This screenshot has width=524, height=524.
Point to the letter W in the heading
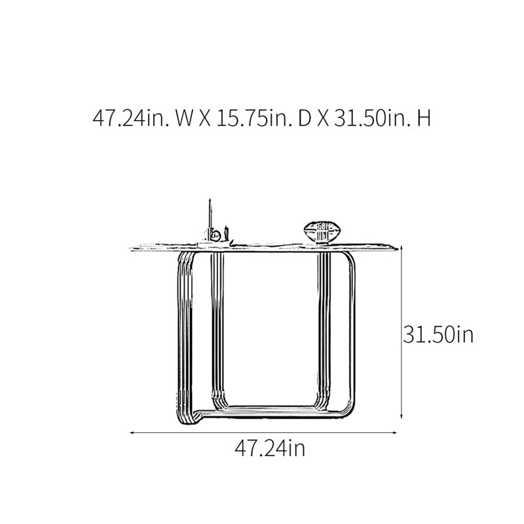pos(184,119)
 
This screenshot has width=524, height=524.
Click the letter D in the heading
pos(305,119)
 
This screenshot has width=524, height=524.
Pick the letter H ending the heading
pos(424,119)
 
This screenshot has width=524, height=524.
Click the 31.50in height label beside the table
pos(438,334)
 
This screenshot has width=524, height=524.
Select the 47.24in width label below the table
pos(270,448)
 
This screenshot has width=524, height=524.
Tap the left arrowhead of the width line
pos(132,433)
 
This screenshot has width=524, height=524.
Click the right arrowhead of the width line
pos(395,433)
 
